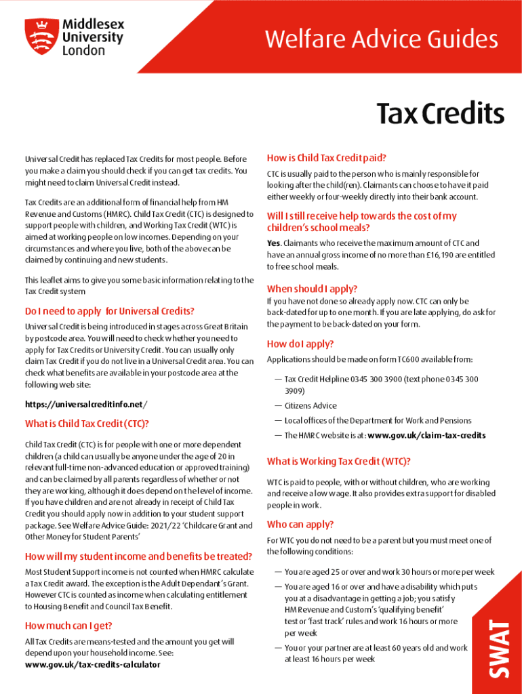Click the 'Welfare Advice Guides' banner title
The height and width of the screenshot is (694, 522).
tap(381, 39)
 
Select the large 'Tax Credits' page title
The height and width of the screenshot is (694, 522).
tap(440, 114)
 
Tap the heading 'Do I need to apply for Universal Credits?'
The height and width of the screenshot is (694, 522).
tap(109, 312)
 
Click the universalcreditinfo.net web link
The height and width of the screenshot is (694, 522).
tap(84, 405)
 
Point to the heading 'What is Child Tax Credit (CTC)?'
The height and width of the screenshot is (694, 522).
tap(87, 424)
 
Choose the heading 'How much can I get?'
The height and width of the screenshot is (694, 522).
tap(68, 626)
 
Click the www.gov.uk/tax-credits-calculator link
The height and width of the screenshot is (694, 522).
tap(93, 665)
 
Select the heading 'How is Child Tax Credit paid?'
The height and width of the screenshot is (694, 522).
tap(327, 158)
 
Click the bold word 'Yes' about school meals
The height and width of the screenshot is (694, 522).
tap(273, 243)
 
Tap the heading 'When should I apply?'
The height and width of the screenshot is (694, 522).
tap(312, 288)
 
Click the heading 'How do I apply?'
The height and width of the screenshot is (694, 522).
tap(300, 344)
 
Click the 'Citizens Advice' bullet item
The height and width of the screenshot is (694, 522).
tap(310, 406)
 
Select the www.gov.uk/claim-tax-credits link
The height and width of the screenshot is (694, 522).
tap(426, 435)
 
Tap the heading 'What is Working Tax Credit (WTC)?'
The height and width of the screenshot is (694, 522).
tap(338, 462)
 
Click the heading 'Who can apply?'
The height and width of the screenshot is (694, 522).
tap(300, 525)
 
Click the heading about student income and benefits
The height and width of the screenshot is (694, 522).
tap(138, 556)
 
